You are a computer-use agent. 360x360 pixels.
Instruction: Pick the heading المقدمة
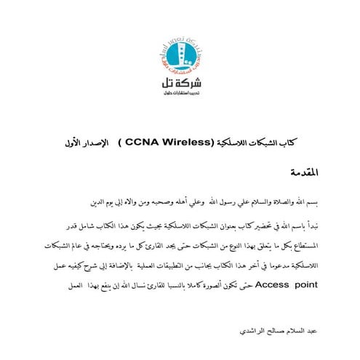pyautogui.click(x=305, y=173)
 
